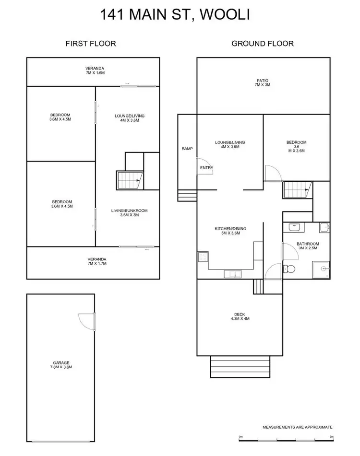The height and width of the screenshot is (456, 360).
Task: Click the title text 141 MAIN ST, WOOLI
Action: click(x=175, y=14)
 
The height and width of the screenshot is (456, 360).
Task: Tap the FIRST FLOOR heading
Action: click(x=91, y=44)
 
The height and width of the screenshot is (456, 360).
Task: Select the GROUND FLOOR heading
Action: click(x=263, y=44)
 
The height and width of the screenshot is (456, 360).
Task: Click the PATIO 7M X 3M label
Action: click(x=263, y=82)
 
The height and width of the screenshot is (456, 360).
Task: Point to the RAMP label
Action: click(x=187, y=149)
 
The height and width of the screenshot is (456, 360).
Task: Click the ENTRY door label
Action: click(x=207, y=167)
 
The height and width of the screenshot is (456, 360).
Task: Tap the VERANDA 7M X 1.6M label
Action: click(x=95, y=70)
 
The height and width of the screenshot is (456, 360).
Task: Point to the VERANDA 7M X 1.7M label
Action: click(x=95, y=261)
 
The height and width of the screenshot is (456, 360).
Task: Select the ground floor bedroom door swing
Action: click(x=271, y=173)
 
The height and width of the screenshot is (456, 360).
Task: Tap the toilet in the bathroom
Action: click(x=289, y=268)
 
